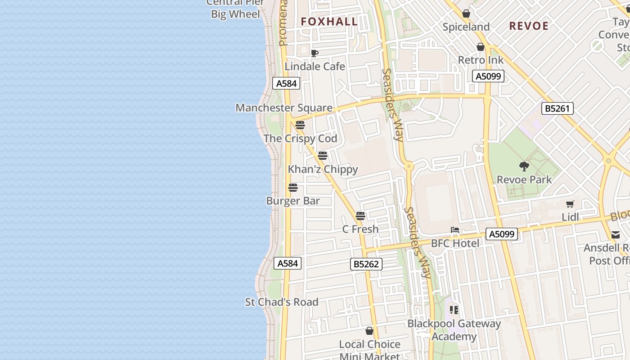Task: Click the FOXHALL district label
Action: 329,22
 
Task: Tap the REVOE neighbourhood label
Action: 529,26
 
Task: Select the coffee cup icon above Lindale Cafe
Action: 315,54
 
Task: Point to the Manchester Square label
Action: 284,108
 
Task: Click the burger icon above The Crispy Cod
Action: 300,125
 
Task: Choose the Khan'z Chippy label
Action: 323,170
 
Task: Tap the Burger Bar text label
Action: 293,201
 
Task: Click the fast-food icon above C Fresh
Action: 360,216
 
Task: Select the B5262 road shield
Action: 366,264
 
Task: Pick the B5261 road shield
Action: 557,108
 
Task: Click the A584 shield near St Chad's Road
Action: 288,263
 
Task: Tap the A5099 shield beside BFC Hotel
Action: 501,234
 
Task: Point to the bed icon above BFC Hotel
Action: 455,230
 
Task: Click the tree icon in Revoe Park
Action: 524,166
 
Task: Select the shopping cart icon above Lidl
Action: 570,204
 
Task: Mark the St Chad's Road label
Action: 281,302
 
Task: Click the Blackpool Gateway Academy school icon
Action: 454,310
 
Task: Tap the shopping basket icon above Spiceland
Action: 466,13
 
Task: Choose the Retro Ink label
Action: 481,60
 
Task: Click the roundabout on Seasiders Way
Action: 409,166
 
